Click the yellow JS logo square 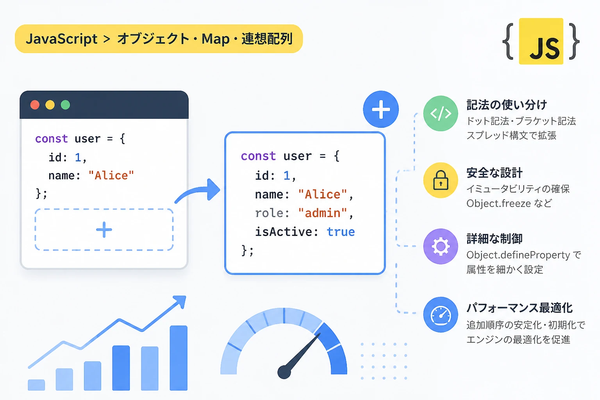[x=541, y=41]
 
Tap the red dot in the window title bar [x=35, y=105]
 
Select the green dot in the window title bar [x=65, y=105]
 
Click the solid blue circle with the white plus [x=380, y=109]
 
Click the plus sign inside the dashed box [x=104, y=230]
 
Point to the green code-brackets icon [x=441, y=113]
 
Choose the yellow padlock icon [x=441, y=180]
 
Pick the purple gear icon [x=441, y=246]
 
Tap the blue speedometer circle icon [x=441, y=314]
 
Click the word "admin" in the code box [x=323, y=213]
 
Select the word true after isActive [x=341, y=232]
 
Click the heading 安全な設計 [x=495, y=173]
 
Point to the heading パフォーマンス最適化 [x=520, y=308]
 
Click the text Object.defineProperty [x=518, y=255]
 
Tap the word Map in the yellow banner [x=215, y=39]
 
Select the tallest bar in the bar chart [x=179, y=358]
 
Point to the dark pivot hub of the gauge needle [x=284, y=372]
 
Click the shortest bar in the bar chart [x=36, y=385]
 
